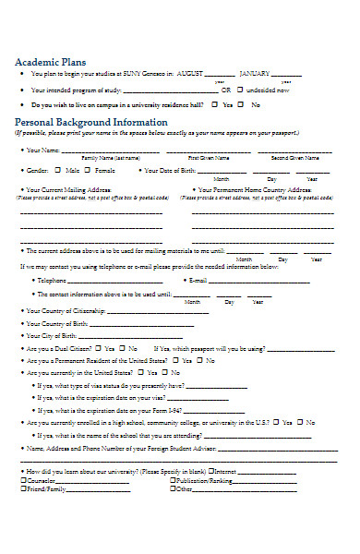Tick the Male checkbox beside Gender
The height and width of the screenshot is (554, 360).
point(59,171)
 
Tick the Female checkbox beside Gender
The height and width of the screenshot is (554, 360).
point(90,171)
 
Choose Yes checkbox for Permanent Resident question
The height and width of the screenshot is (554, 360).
point(174,360)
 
